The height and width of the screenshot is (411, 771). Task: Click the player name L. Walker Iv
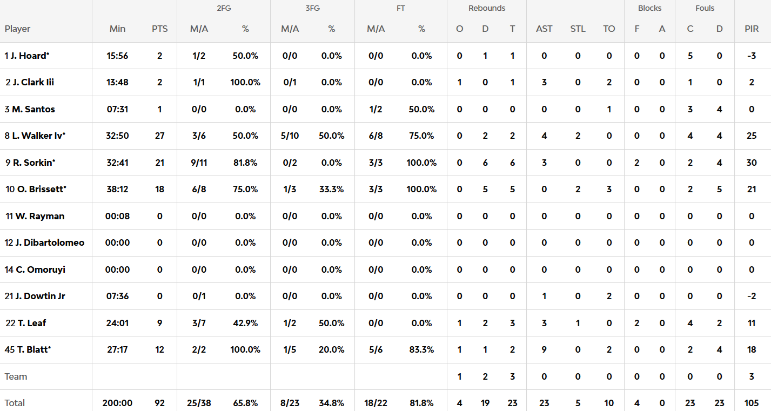(37, 136)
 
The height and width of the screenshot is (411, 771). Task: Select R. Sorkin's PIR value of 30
(752, 163)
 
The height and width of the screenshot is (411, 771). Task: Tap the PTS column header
(159, 29)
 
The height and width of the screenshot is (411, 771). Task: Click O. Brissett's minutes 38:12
(117, 189)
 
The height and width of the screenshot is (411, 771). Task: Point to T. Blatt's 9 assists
(544, 349)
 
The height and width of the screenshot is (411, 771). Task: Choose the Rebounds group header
(487, 8)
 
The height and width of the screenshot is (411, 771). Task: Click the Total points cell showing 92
(159, 403)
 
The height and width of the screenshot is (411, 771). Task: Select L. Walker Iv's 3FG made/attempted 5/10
(290, 136)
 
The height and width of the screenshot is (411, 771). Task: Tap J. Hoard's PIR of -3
(752, 56)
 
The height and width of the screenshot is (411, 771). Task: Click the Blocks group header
(649, 8)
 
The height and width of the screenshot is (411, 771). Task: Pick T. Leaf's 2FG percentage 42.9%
(245, 323)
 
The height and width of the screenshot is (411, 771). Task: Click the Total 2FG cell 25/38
(199, 403)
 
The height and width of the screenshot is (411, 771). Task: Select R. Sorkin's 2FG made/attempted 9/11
(199, 163)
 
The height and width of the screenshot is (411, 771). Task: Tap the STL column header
(578, 29)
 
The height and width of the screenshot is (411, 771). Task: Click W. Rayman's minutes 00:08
(117, 216)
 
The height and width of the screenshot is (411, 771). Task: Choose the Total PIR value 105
(752, 403)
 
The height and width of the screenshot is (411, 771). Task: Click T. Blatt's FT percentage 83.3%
(421, 349)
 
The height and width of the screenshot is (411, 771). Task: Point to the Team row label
(16, 376)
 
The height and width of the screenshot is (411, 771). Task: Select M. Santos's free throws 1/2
(376, 109)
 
